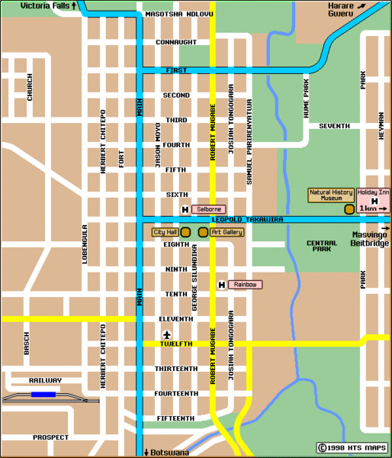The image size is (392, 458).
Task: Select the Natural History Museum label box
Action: pos(330,195)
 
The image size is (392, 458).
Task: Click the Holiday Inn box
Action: pos(373,198)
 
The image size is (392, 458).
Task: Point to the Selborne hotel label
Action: pos(207,209)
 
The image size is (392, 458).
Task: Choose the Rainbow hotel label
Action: pos(245,285)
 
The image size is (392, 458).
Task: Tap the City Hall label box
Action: pos(165,231)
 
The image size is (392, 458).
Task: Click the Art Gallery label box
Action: pos(227,231)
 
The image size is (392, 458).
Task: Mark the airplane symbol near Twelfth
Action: pos(167,334)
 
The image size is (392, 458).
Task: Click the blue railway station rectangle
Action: pos(43,395)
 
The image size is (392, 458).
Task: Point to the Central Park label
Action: pos(321,246)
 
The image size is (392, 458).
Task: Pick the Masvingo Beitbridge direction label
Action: pos(370,239)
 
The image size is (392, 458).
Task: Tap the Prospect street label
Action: pos(50,437)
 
